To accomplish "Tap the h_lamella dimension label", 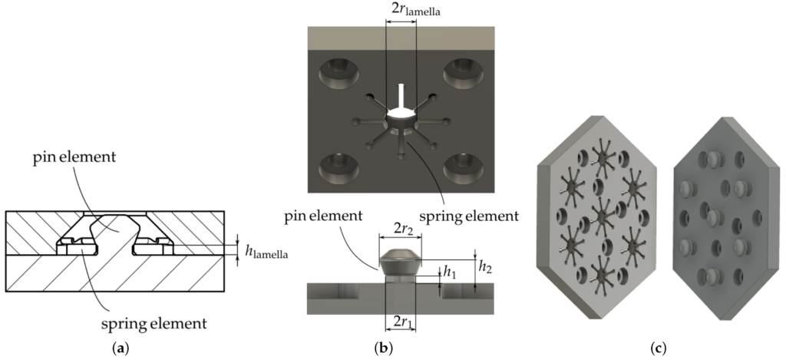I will point(267,250).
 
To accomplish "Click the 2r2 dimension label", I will point(400,228).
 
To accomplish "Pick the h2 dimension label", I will point(487,266).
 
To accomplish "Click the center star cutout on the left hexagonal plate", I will point(602,212).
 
